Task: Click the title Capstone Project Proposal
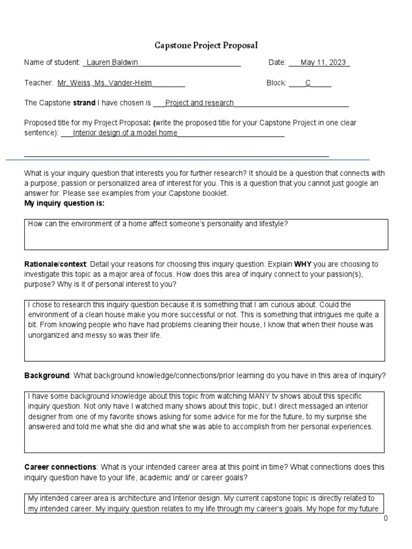pyautogui.click(x=205, y=46)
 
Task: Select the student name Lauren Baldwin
pyautogui.click(x=112, y=63)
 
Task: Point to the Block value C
pyautogui.click(x=308, y=83)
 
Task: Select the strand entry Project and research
pyautogui.click(x=199, y=103)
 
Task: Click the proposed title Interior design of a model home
pyautogui.click(x=125, y=133)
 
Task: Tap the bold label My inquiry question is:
pyautogui.click(x=64, y=204)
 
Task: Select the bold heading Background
pyautogui.click(x=47, y=376)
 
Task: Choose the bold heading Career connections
pyautogui.click(x=60, y=467)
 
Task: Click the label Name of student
pyautogui.click(x=52, y=63)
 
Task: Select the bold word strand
pyautogui.click(x=84, y=103)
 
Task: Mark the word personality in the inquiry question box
pyautogui.click(x=221, y=224)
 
